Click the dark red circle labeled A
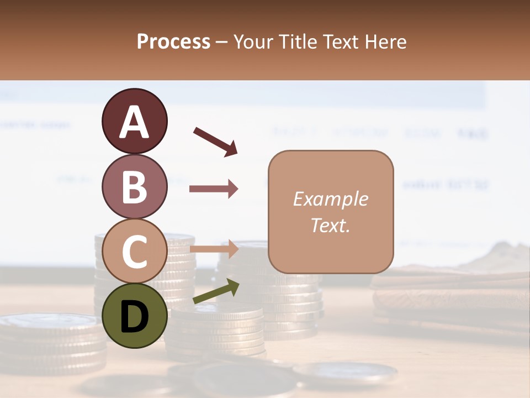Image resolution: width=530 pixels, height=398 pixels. coord(134,121)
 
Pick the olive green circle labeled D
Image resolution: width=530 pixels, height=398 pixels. coord(134,316)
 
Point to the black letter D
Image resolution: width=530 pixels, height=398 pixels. coord(134,317)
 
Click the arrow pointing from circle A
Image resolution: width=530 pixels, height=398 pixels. coord(215,141)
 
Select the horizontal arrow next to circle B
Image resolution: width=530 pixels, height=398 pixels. coord(214,189)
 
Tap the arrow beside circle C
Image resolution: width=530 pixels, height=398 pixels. coord(214,249)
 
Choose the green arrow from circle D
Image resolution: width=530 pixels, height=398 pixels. coord(216,292)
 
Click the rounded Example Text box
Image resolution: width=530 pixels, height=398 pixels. coord(331,212)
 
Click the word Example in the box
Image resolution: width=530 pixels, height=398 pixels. coord(331,199)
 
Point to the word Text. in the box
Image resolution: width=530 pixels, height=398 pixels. coord(331,226)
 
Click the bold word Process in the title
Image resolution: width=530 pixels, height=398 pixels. coord(173,42)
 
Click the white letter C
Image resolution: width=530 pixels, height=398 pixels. coord(134,252)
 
